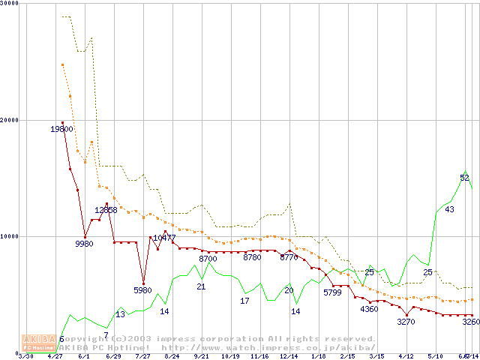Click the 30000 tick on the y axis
pos(9,4)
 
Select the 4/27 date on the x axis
pos(55,356)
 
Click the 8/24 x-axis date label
pos(172,356)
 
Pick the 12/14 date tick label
pos(289,356)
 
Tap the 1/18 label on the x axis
pos(318,356)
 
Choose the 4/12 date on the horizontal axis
pos(406,356)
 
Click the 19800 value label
pos(61,129)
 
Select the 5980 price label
pos(142,290)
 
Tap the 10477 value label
pos(164,238)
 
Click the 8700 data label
pos(208,259)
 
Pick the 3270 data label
pos(406,322)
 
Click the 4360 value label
pos(369,309)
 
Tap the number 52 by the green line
pos(464,178)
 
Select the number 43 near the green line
pos(449,209)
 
